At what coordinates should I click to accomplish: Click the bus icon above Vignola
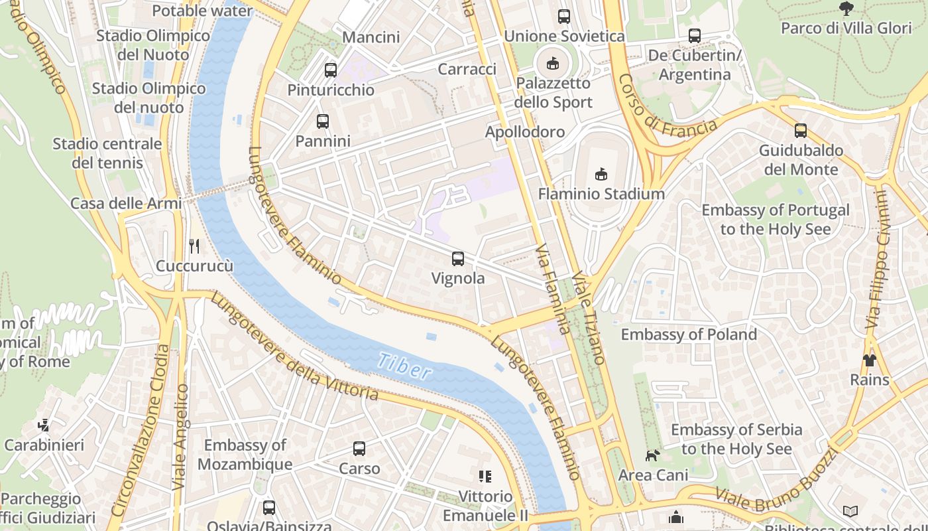(x=457, y=259)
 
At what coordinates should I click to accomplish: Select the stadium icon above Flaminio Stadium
(x=601, y=175)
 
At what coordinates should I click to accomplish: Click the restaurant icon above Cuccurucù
(x=194, y=246)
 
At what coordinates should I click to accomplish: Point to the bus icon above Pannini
(x=322, y=121)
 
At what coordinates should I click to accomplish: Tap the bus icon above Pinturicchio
(x=330, y=70)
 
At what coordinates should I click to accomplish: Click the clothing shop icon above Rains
(x=869, y=360)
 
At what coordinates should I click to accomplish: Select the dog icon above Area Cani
(x=653, y=455)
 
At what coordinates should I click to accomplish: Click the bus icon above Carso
(x=359, y=449)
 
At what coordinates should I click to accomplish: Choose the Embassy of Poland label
(x=689, y=334)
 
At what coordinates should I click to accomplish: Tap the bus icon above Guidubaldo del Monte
(x=800, y=131)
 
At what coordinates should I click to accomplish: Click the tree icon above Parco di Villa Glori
(x=846, y=9)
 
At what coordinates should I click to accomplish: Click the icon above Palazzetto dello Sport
(x=552, y=64)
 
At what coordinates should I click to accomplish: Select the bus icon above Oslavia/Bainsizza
(x=268, y=508)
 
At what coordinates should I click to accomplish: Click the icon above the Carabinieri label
(x=44, y=425)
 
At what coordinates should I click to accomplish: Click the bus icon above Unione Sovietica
(x=563, y=17)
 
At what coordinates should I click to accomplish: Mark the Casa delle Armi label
(x=125, y=203)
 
